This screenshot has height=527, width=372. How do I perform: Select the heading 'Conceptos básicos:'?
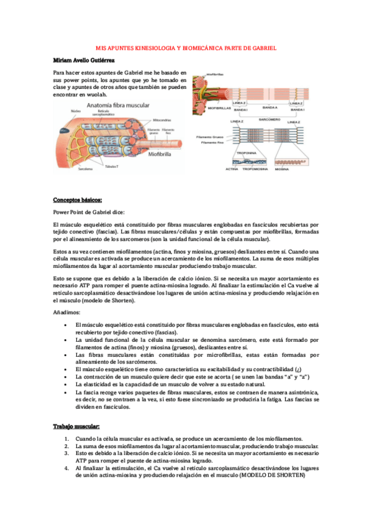coord(77,199)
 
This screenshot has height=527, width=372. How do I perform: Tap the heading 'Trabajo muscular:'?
coord(76,426)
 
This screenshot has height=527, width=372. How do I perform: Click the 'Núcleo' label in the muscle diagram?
coord(76,111)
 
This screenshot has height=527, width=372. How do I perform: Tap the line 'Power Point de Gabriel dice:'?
coord(89,211)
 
